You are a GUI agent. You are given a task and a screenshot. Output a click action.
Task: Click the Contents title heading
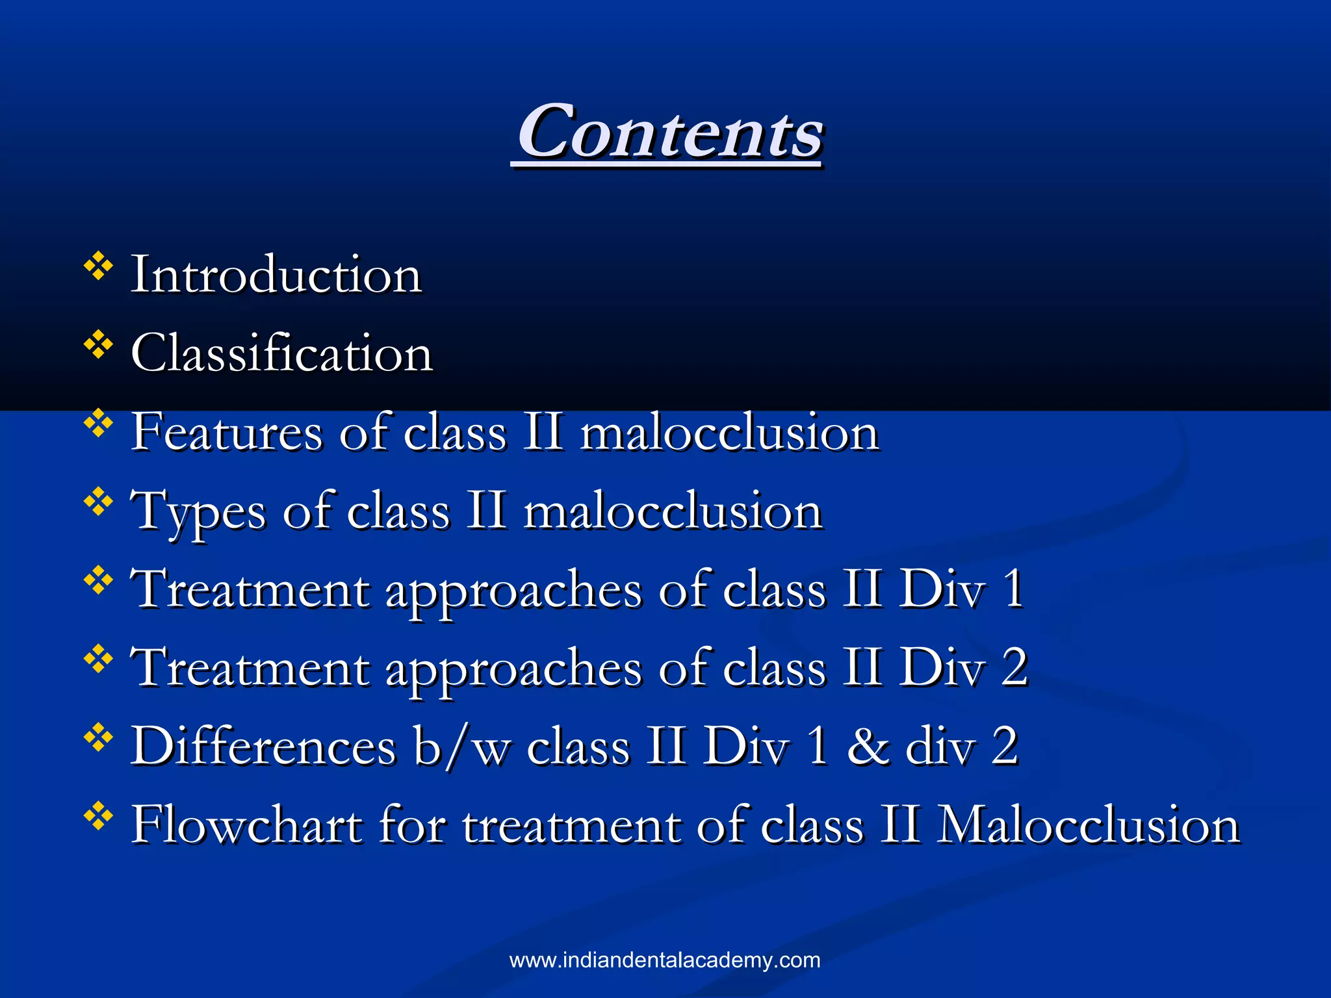point(669,133)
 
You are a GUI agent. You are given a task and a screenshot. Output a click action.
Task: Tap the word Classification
point(281,353)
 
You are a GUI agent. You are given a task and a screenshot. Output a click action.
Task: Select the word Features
point(227,432)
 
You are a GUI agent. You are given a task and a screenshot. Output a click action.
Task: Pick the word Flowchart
point(246,825)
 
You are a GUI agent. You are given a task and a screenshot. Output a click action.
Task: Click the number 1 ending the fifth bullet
point(1013,589)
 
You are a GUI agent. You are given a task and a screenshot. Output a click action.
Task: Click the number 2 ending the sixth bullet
point(1014,667)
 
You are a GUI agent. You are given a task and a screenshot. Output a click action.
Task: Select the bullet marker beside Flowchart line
point(98,817)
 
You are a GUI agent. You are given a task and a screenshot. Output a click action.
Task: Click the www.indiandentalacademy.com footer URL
point(665,960)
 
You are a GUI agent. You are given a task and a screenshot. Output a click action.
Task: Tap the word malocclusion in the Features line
point(729,433)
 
